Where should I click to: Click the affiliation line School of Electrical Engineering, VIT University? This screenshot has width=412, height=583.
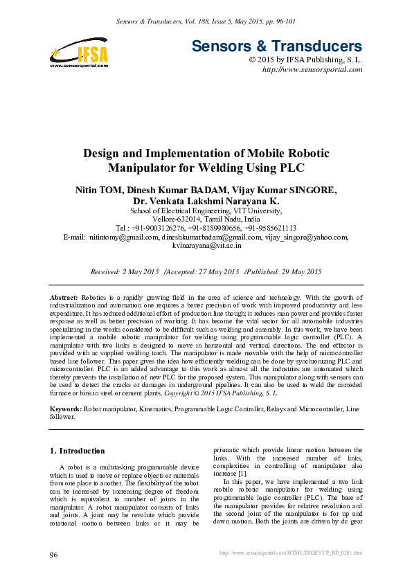[x=206, y=211]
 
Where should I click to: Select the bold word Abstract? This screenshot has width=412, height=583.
[x=64, y=296]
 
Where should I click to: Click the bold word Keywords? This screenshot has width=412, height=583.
[x=67, y=410]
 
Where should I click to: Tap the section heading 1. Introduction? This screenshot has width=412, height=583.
[x=78, y=451]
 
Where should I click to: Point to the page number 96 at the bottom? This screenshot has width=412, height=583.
[x=54, y=555]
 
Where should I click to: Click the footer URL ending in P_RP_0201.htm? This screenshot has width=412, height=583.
[x=290, y=553]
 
